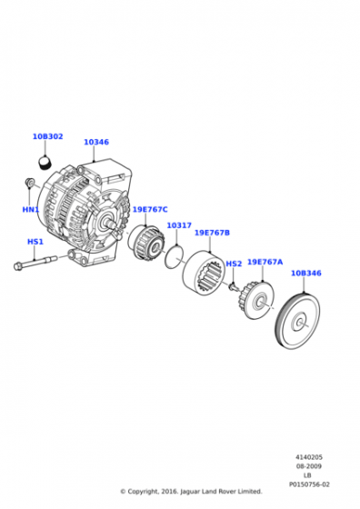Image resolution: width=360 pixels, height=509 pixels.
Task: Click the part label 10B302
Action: (47, 136)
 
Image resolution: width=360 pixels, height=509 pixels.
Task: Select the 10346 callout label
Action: (96, 142)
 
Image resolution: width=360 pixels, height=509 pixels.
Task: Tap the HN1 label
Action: (31, 209)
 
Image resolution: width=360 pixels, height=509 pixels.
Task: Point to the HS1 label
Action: (35, 242)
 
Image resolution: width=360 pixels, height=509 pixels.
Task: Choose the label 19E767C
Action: (150, 209)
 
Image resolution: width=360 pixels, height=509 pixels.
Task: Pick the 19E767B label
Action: (212, 233)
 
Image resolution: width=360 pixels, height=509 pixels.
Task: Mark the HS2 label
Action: (234, 264)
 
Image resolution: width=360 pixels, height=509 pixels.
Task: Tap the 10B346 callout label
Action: (306, 273)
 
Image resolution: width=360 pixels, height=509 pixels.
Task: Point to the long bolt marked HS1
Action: (36, 264)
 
